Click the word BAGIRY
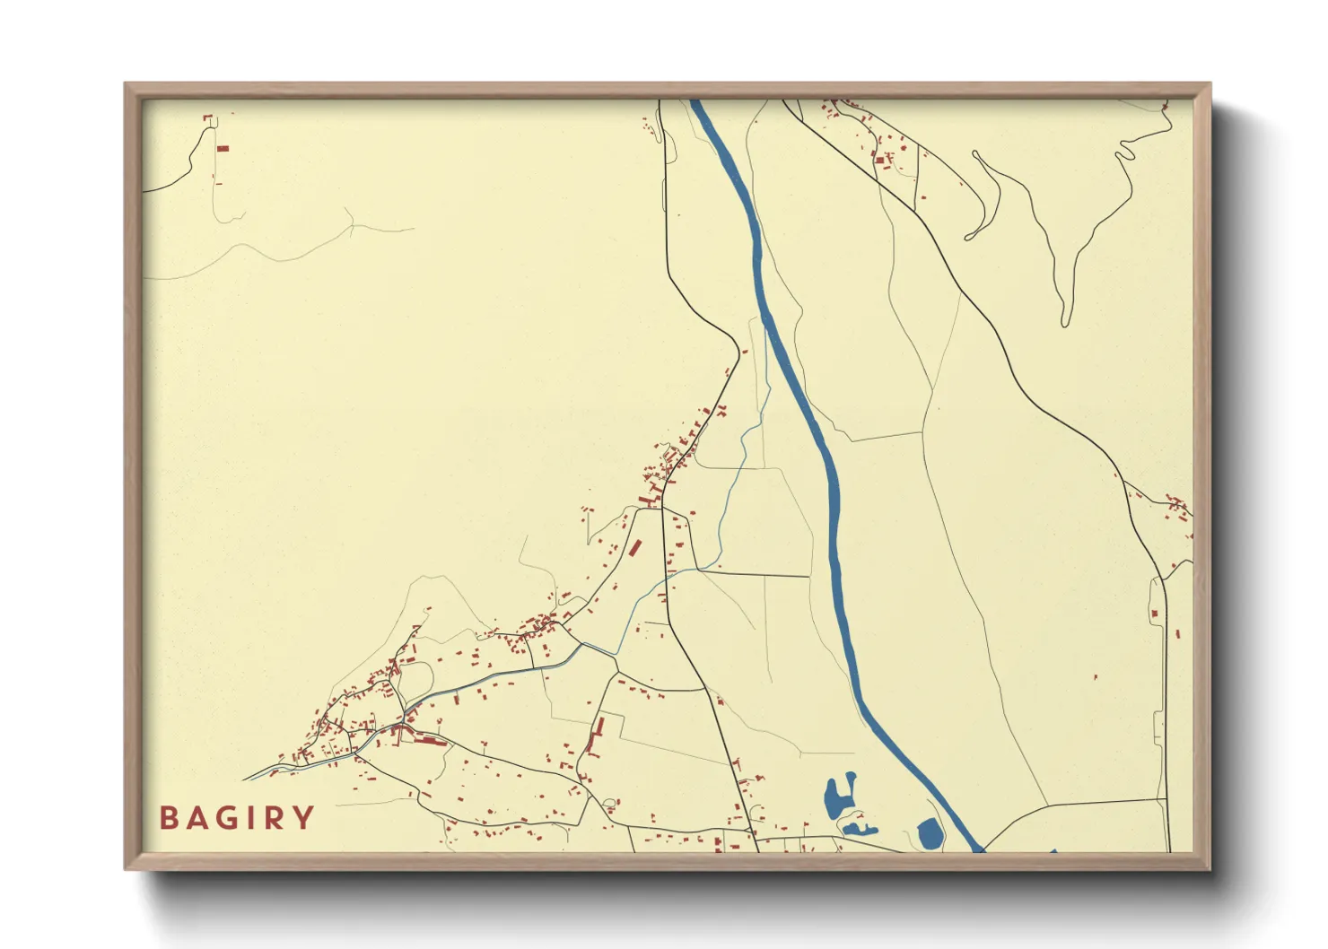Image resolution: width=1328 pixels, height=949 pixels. point(237,818)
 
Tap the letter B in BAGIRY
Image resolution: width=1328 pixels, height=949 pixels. point(168,818)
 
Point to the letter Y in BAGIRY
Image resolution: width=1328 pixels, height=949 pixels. point(305,818)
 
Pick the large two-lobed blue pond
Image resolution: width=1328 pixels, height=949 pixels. point(838,796)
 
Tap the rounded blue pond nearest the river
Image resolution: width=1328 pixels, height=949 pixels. point(930,834)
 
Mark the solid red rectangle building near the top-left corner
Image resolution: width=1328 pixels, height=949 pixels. point(223,148)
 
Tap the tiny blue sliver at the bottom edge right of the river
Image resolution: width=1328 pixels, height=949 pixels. point(1053,850)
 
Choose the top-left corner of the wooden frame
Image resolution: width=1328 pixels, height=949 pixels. point(127,84)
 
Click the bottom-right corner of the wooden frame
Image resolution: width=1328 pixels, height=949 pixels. point(1210,868)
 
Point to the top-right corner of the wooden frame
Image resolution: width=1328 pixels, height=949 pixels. point(1210,84)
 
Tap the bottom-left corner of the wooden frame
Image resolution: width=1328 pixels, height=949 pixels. point(127,868)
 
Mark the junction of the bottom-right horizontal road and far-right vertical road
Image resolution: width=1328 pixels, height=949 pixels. point(1166,798)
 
